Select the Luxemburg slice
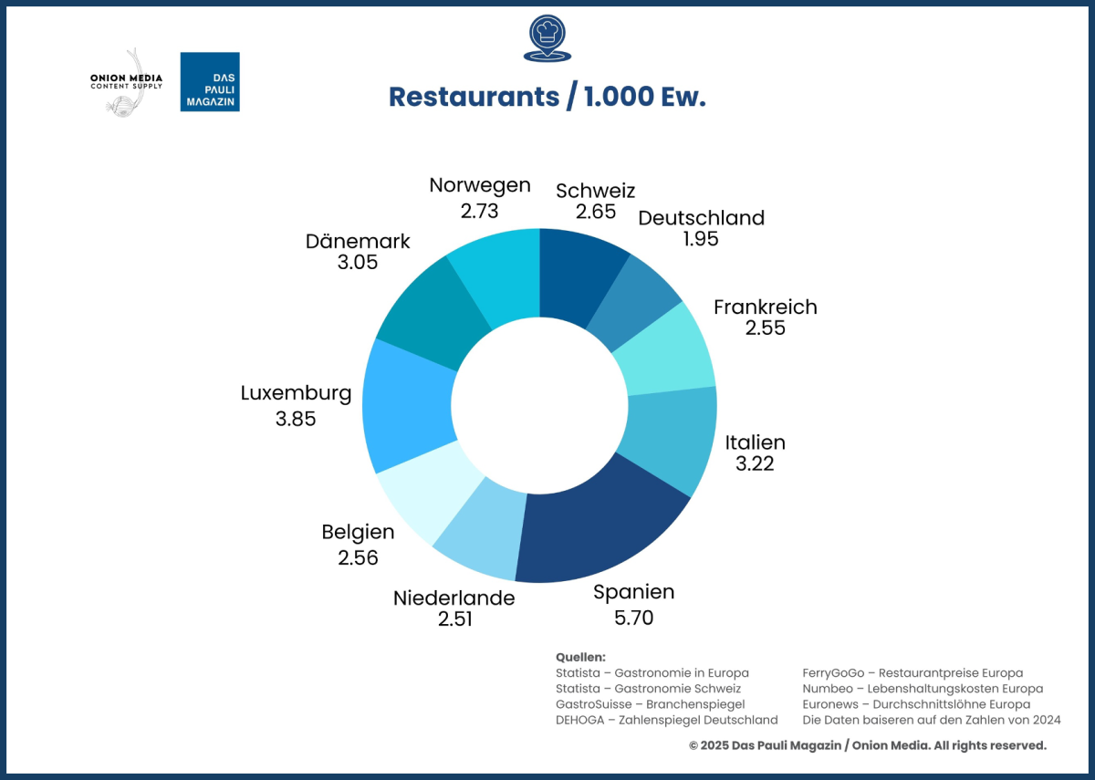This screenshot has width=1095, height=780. point(406,406)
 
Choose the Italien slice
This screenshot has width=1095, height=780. point(671,438)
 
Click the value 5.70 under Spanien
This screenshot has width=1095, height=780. point(634,618)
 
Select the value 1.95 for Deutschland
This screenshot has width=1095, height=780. point(701,239)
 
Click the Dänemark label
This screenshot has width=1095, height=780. point(358,242)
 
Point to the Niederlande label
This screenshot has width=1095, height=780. point(454,598)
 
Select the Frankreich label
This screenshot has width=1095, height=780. point(765,307)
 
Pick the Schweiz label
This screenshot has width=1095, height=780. point(595,191)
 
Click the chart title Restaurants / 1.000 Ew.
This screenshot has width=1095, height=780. point(547,97)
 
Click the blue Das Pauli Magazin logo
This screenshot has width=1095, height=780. point(210,82)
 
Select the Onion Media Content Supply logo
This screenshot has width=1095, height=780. point(126,82)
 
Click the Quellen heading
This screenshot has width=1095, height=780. point(580,657)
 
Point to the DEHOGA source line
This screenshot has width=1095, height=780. point(666,720)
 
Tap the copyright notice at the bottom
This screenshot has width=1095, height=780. point(867,745)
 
